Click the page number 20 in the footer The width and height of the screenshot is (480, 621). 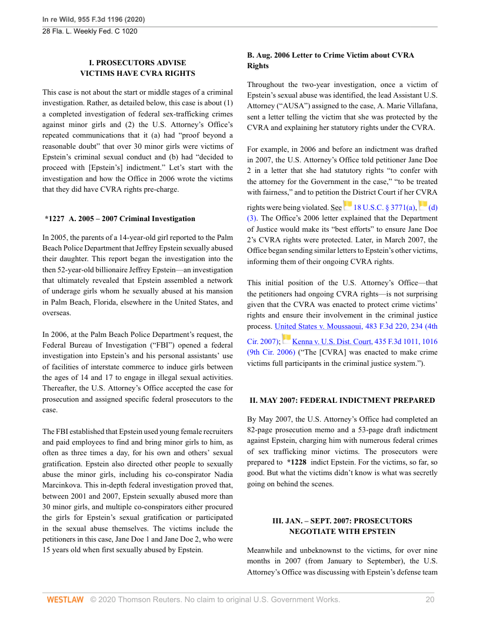(x=429, y=599)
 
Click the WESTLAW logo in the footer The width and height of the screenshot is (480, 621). (x=65, y=599)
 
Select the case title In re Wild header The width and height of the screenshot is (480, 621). (x=94, y=19)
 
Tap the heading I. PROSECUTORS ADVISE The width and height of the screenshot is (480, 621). (x=137, y=63)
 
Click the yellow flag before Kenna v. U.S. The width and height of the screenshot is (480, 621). (x=286, y=339)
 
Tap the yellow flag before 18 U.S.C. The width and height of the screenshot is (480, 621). (x=348, y=205)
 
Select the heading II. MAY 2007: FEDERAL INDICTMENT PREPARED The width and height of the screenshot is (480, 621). (x=342, y=400)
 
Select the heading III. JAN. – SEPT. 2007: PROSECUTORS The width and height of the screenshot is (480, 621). (x=342, y=521)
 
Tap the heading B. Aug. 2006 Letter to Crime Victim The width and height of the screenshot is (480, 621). (x=331, y=55)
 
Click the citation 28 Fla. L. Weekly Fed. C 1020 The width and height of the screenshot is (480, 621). (x=90, y=31)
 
